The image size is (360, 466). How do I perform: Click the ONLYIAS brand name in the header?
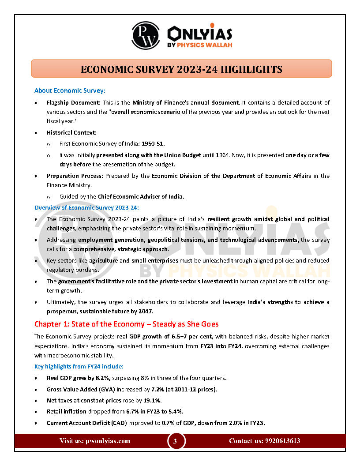tap(200, 34)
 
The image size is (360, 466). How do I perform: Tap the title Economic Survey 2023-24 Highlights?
tap(181, 69)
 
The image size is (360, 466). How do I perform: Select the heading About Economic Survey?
tap(70, 91)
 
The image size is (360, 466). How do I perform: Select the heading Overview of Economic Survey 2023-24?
tap(86, 207)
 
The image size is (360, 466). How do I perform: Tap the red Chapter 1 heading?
tap(126, 324)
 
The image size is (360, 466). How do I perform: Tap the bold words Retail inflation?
tap(66, 412)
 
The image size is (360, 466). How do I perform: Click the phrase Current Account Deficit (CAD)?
tap(84, 423)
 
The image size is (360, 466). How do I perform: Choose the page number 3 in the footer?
tap(175, 441)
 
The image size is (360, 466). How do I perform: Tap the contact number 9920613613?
tap(282, 441)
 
